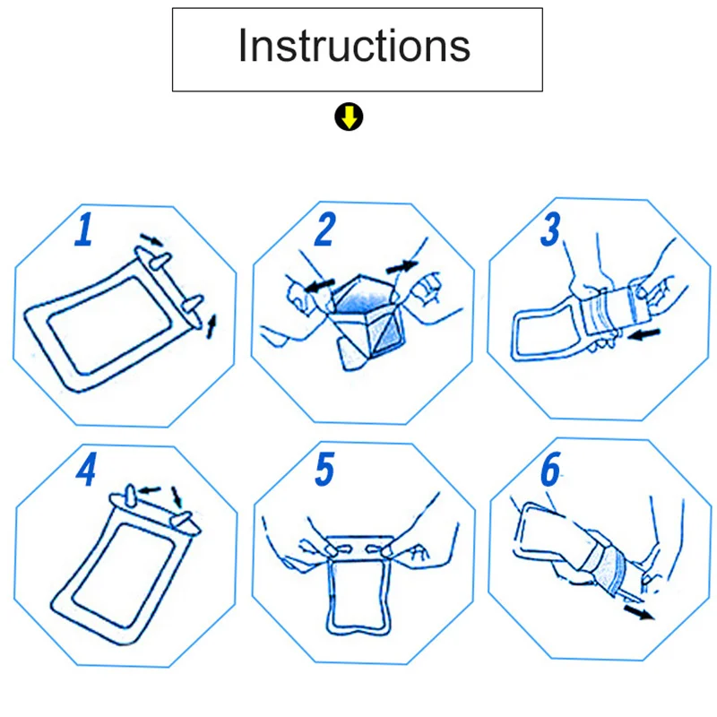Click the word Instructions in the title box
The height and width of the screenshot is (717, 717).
coord(354,46)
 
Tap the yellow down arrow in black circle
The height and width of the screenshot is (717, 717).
coord(349,117)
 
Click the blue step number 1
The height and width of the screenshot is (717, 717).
coord(84,229)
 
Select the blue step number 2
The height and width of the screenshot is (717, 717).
coord(325,229)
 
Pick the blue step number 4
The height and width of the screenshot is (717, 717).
coord(86,469)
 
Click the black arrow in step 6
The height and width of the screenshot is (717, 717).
coord(640,612)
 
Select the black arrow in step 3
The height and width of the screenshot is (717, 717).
coord(644,334)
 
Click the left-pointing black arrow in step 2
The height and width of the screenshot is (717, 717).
coord(319,285)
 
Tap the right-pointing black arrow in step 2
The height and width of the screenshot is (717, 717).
coord(402,266)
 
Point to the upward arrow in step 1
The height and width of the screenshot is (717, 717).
coord(212,326)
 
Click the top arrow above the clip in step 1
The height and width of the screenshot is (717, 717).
coord(151,239)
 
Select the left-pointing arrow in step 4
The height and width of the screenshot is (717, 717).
coord(149,490)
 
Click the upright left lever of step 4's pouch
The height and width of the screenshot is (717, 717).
coord(131,496)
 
